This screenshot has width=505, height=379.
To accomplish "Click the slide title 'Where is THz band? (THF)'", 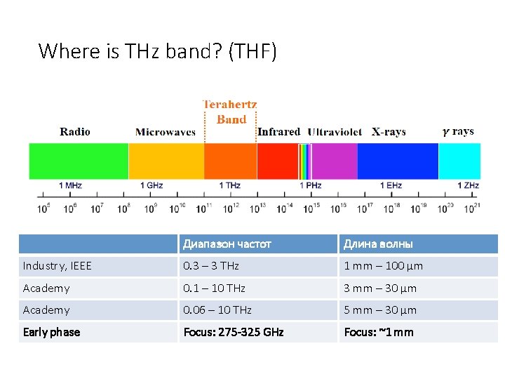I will [x=158, y=51].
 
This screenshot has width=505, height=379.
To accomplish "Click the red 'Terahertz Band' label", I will [x=231, y=112].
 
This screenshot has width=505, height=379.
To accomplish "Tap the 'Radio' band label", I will [x=75, y=131].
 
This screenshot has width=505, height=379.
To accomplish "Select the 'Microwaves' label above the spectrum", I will [x=166, y=132].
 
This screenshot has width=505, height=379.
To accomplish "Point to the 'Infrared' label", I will [x=278, y=132].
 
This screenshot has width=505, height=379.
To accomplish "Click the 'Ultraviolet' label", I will [x=335, y=132].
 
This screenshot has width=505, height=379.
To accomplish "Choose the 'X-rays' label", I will [x=389, y=132].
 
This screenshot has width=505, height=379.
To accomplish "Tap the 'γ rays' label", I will [x=458, y=131].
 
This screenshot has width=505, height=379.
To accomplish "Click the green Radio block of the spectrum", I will [x=79, y=161].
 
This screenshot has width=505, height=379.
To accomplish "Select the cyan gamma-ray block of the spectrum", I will [x=459, y=161].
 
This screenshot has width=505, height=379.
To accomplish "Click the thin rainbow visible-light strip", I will [x=304, y=161].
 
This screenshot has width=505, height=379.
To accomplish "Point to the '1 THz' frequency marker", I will [x=229, y=185].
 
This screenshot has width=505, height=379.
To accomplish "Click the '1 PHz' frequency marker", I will [x=311, y=185].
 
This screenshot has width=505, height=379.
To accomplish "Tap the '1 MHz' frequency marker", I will [x=70, y=185].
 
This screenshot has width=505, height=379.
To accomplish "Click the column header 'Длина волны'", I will [x=378, y=244].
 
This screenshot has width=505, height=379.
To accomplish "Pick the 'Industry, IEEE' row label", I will [x=58, y=266].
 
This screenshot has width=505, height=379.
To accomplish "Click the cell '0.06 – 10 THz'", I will [x=217, y=310].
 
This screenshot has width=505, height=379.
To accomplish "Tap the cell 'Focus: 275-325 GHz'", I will [x=234, y=332].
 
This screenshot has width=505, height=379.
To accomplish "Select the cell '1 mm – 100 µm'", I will [x=383, y=266].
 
